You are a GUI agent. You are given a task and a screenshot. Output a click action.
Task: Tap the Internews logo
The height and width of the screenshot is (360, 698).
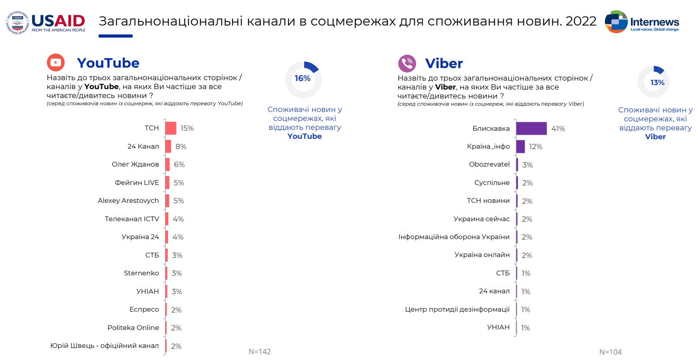(x=642, y=22)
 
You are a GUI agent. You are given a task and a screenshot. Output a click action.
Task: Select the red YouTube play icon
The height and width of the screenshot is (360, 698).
(x=56, y=63)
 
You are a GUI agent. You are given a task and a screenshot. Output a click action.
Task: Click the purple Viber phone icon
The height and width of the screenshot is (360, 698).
(x=407, y=63)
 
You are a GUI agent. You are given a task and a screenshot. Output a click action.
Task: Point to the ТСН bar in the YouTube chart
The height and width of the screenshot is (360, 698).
(x=171, y=128)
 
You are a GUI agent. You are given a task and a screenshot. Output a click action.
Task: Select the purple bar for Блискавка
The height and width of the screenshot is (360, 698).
(x=531, y=129)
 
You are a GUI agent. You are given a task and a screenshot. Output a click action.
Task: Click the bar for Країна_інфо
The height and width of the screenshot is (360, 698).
(x=521, y=146)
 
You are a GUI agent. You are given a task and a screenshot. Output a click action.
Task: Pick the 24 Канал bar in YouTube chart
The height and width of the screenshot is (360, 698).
(x=168, y=146)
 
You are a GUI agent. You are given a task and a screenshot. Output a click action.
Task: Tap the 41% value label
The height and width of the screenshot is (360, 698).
(x=558, y=129)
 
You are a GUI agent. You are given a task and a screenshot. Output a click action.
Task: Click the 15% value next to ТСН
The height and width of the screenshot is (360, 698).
(x=187, y=129)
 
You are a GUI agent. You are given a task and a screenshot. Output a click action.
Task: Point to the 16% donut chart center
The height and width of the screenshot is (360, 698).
(x=303, y=79)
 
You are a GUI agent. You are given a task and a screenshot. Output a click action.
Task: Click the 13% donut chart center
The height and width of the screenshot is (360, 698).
(x=657, y=83)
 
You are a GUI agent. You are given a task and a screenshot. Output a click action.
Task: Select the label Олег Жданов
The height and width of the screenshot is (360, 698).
(x=135, y=164)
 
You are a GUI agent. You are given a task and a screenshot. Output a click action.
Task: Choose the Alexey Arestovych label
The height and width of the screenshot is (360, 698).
(x=128, y=201)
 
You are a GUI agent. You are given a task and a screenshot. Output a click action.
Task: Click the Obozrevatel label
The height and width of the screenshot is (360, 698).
(x=489, y=164)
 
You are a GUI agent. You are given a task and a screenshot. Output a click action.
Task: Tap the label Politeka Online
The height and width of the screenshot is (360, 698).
(x=133, y=328)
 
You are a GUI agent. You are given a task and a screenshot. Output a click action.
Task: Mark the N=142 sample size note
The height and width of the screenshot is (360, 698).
(x=260, y=351)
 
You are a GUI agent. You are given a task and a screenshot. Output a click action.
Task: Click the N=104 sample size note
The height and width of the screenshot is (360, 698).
(x=611, y=352)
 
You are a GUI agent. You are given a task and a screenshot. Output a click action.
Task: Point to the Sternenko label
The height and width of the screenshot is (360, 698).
(x=141, y=273)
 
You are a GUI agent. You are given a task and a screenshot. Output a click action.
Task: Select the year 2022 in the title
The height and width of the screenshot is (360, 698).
(x=581, y=21)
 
